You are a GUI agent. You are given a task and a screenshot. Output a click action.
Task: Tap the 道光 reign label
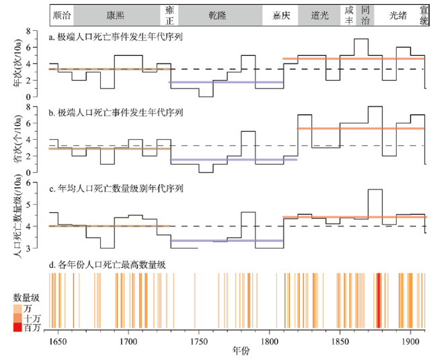(320, 14)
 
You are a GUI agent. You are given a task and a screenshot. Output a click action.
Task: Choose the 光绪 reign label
(394, 14)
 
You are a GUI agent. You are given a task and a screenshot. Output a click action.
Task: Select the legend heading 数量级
(26, 296)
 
